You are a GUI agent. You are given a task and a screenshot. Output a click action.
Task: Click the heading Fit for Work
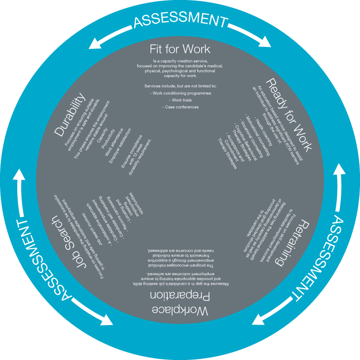[180, 49]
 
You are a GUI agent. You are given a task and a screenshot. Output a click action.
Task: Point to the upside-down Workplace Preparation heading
[180, 303]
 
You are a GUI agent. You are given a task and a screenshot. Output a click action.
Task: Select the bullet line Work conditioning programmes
[180, 93]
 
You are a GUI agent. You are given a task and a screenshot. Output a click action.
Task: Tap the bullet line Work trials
[180, 100]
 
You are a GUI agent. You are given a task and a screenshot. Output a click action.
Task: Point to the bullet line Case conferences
[180, 107]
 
